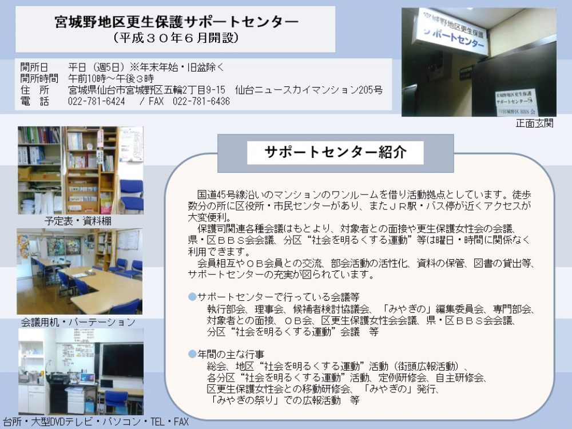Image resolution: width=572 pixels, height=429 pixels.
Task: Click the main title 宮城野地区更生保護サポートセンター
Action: coord(177,22)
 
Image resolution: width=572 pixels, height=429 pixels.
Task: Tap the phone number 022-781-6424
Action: coord(96,101)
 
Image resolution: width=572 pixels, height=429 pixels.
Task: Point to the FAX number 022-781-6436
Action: coord(201,101)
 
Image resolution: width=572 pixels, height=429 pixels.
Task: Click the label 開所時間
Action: coord(39,78)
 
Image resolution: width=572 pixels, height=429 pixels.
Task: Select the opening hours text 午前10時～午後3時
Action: coord(111,78)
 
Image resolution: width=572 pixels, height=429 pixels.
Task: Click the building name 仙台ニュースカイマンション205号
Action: coord(309,90)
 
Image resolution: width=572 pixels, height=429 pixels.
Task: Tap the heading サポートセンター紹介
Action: coord(335,152)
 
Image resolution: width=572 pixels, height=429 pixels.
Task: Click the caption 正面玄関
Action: coord(534,124)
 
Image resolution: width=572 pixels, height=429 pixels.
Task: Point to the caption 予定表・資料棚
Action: coord(78,221)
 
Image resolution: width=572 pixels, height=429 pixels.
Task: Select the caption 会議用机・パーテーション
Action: coord(78,321)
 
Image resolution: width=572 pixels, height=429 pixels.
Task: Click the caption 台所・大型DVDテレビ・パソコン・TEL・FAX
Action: coord(96,422)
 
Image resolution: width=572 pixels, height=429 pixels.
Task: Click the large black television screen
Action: coord(122,360)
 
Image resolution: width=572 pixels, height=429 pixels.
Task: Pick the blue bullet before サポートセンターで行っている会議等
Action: coord(192,296)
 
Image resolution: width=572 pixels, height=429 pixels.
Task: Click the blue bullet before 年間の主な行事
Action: coord(192,354)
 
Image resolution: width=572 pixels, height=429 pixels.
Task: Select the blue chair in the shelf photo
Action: coord(132,195)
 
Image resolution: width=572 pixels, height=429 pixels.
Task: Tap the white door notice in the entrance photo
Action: coord(515,102)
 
